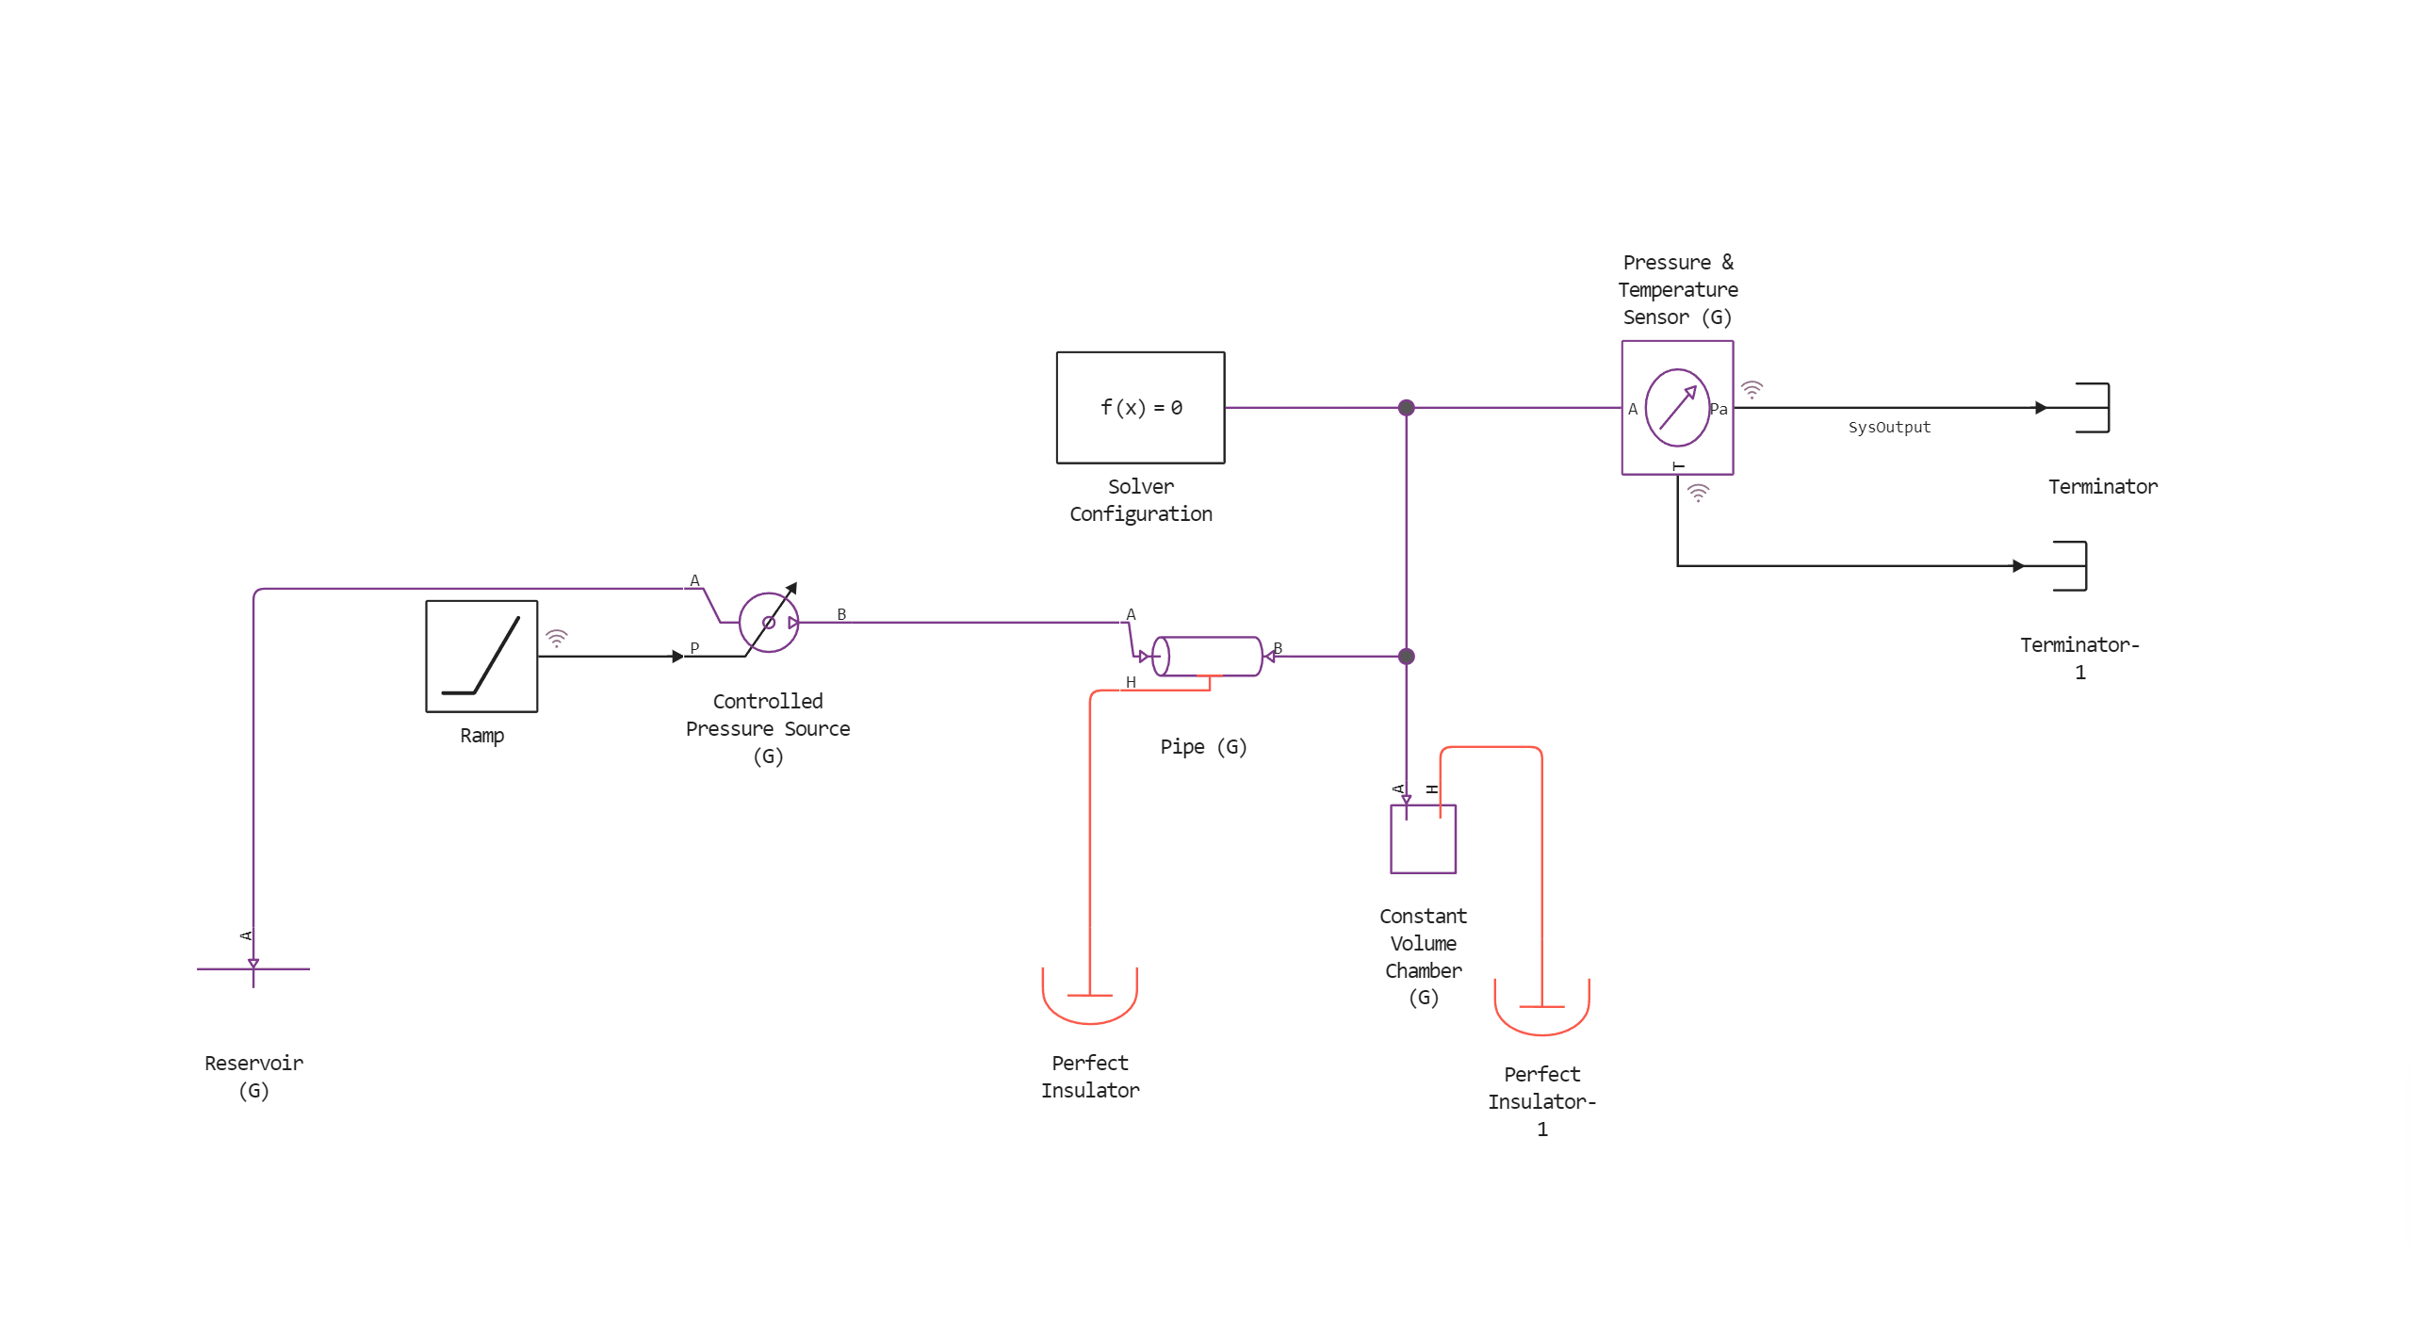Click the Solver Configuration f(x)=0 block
1140,407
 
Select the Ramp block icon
481,656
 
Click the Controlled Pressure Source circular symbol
769,623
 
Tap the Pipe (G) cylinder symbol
1207,657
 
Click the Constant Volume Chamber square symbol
1423,838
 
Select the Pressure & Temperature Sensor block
1677,407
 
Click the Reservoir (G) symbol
253,969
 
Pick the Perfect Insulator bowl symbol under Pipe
1089,999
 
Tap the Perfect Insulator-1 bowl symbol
1541,1010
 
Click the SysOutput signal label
1888,428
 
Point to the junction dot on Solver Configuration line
1406,408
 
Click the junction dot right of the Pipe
1406,657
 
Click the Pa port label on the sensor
1719,409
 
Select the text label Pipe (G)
1203,747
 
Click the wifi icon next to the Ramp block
557,639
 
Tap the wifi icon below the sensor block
1698,492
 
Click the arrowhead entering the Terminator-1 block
2018,566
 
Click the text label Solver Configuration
1140,500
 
